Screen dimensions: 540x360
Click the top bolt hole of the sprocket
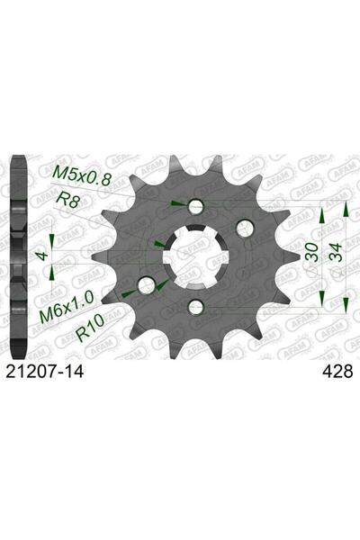[x=195, y=207]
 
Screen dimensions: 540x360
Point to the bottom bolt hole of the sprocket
[x=195, y=308]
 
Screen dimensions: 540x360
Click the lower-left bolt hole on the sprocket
[x=145, y=287]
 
